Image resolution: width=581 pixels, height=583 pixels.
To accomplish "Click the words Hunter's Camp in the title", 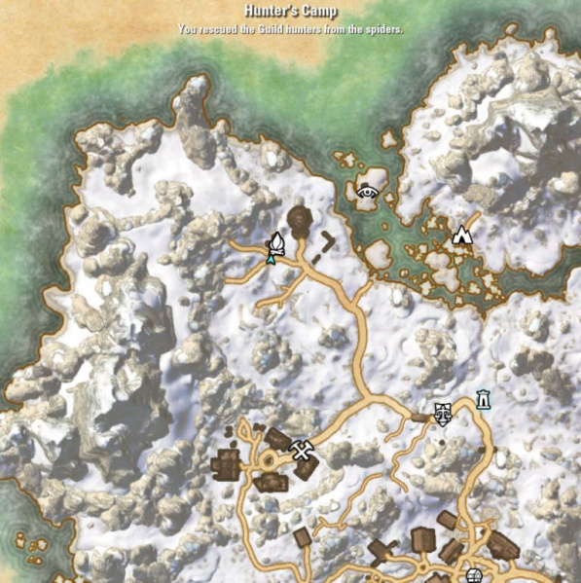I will click(x=291, y=13).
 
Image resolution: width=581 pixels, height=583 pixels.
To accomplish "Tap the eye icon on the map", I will click(x=368, y=192).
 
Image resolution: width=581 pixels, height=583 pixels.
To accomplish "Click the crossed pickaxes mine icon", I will click(x=302, y=449).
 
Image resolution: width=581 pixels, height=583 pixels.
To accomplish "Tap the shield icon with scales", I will click(x=442, y=414).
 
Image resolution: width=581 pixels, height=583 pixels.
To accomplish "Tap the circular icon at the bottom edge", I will click(x=474, y=574).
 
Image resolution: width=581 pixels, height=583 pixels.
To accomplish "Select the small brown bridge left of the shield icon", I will click(x=419, y=417).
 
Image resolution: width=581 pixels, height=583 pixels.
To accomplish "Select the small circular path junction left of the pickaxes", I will click(x=268, y=458).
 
